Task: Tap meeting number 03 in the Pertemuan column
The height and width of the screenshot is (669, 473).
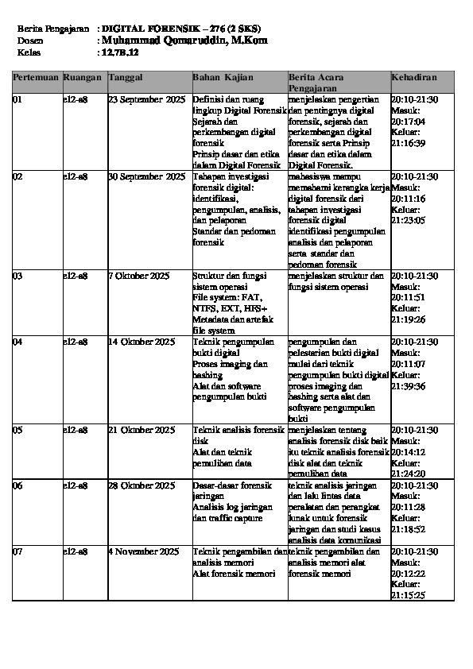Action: point(18,276)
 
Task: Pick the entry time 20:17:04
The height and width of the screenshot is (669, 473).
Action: point(409,122)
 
